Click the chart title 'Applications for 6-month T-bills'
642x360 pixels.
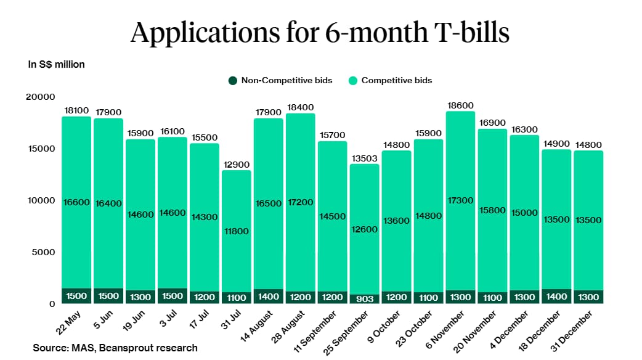[x=320, y=33]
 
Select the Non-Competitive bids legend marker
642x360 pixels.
[x=232, y=80]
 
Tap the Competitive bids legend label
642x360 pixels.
[x=396, y=80]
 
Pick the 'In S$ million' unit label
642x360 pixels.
[x=56, y=64]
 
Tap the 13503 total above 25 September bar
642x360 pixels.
[x=364, y=158]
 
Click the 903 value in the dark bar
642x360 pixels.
[x=364, y=298]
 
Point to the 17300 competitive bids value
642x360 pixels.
[x=460, y=200]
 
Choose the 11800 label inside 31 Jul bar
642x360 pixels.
[x=237, y=232]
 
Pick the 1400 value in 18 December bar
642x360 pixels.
[x=556, y=297]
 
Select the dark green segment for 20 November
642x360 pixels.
[x=492, y=297]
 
